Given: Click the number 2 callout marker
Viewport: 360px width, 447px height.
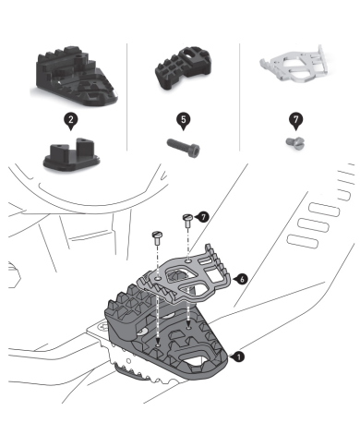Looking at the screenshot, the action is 71,121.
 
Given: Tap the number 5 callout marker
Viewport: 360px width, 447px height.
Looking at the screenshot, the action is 184,121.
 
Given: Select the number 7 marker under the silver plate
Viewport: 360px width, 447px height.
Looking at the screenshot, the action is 295,121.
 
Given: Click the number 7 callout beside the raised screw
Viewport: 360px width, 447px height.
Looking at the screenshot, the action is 202,217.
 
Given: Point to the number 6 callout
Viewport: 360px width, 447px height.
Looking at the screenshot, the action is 241,279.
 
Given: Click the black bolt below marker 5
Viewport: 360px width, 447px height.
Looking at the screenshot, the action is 184,148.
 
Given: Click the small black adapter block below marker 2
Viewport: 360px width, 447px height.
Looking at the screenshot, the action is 72,154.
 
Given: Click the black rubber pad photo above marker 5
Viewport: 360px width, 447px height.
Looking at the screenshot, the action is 183,68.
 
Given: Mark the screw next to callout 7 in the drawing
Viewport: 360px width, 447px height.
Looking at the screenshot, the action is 187,221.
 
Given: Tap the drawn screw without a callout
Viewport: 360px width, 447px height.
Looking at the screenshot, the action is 157,238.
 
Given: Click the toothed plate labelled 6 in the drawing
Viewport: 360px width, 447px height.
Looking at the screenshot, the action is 185,275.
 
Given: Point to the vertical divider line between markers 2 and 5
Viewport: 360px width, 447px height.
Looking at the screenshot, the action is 127,97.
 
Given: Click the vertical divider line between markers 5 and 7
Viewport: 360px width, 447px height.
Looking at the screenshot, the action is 239,97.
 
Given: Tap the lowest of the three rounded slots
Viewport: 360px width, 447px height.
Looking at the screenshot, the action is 302,242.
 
